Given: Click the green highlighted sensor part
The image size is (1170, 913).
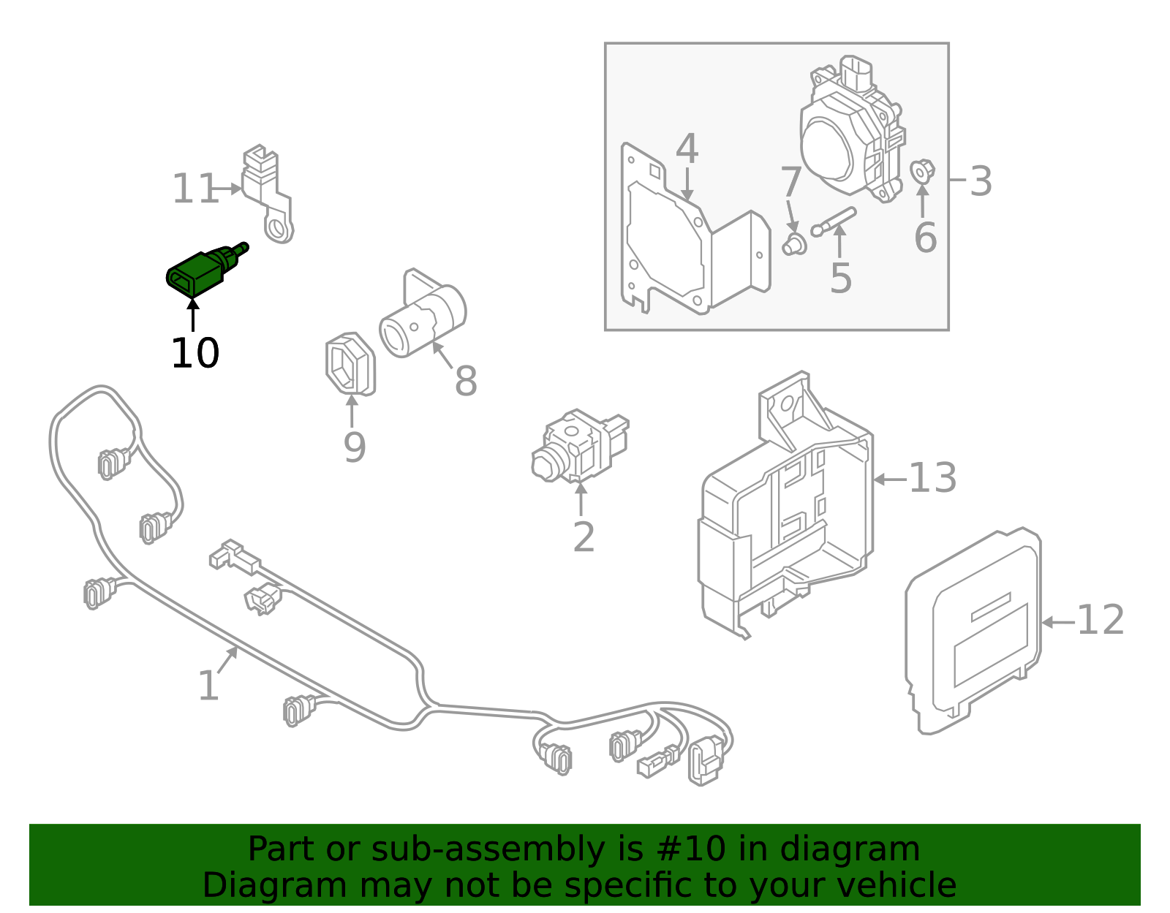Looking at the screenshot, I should point(199,272).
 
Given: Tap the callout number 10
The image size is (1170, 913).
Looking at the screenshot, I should point(195,354).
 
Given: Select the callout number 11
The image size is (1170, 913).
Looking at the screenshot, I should point(195,190).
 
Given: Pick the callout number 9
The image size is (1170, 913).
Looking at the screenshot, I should point(354,447).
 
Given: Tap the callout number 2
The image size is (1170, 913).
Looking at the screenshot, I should point(584,538).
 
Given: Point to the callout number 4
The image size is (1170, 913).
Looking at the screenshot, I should point(687,149).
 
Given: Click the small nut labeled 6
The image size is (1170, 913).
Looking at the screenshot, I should point(922,171).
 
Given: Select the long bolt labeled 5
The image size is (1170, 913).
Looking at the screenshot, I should point(834,221).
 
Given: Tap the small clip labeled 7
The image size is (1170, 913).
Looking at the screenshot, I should point(793,245).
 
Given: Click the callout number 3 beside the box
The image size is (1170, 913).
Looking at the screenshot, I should point(981,181).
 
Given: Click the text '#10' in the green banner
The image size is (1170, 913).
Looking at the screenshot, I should point(691,849).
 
